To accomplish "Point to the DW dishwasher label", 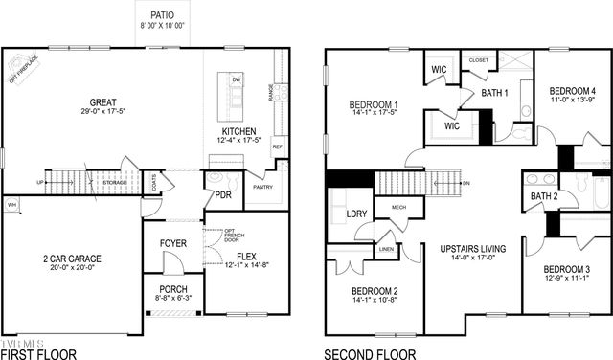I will tap(236, 79).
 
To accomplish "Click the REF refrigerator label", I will tap(278, 147).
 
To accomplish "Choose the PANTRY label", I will tap(264, 188).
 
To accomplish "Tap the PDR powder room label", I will tap(222, 194).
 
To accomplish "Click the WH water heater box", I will tap(11, 205).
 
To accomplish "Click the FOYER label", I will tap(173, 243).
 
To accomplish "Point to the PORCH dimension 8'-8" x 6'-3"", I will tap(173, 299).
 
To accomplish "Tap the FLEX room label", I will tap(247, 255).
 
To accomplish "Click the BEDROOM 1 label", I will tap(374, 104).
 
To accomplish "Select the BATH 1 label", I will tap(494, 93).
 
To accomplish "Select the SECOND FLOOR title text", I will tap(370, 353).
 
